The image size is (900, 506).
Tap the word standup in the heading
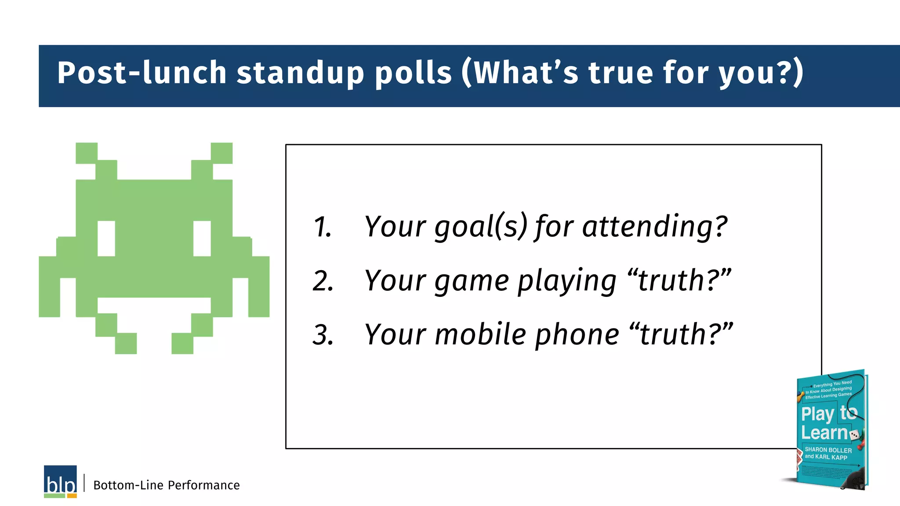tap(301, 72)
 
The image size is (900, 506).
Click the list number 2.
tap(323, 281)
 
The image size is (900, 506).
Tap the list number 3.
tap(323, 335)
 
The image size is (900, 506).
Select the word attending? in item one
tap(655, 227)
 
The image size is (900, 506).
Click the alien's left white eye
tap(106, 239)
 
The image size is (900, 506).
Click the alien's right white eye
tap(202, 239)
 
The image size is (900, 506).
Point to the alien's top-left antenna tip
tap(87, 153)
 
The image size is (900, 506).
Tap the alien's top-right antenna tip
tap(221, 153)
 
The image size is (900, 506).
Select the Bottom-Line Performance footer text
tap(167, 485)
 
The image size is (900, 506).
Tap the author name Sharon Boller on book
tap(828, 450)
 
